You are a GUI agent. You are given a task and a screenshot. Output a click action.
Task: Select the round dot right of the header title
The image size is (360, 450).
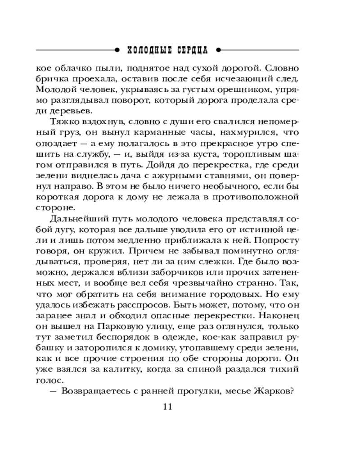[x=218, y=49]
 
